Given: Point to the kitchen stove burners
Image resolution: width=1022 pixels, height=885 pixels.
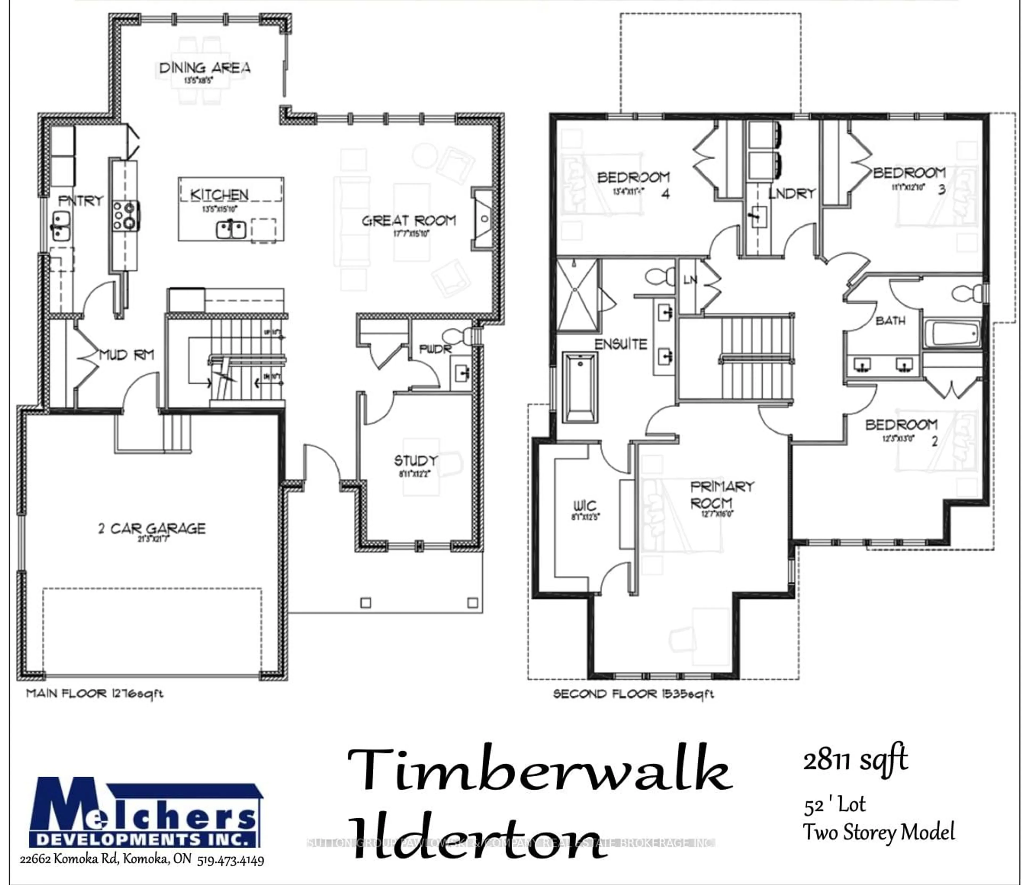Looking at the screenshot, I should [124, 215].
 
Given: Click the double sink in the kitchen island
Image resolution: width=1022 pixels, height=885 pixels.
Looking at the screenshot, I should [231, 229].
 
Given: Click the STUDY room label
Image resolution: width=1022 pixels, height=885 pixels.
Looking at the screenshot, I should [416, 461].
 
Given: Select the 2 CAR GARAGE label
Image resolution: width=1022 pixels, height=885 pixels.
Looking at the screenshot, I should [152, 528].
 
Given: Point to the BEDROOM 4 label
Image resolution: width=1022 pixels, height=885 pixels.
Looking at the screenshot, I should [633, 178].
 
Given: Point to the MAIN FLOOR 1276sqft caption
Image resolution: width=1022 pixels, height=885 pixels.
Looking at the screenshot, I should [94, 693].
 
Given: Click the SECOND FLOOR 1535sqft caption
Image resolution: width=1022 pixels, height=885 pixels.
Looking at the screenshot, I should [633, 694].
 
